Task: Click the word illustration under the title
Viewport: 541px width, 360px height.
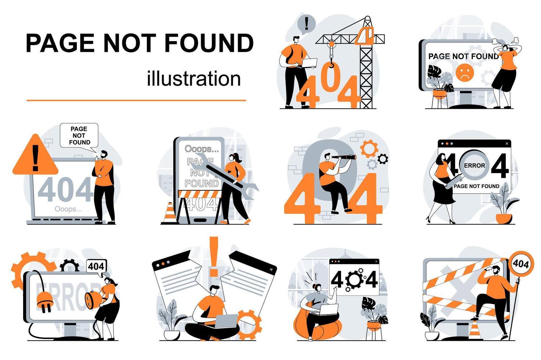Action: [194, 79]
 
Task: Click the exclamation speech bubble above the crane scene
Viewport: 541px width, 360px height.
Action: [306, 24]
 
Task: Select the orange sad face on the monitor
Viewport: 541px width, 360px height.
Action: [464, 72]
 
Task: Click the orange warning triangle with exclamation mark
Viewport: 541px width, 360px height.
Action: [35, 156]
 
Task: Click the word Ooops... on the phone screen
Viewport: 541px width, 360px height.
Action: [202, 149]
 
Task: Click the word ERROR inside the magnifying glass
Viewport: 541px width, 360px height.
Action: [474, 166]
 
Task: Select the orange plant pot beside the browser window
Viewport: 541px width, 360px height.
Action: [504, 218]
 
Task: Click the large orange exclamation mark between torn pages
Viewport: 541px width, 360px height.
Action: [213, 256]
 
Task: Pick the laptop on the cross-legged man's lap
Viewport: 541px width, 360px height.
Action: [226, 321]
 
